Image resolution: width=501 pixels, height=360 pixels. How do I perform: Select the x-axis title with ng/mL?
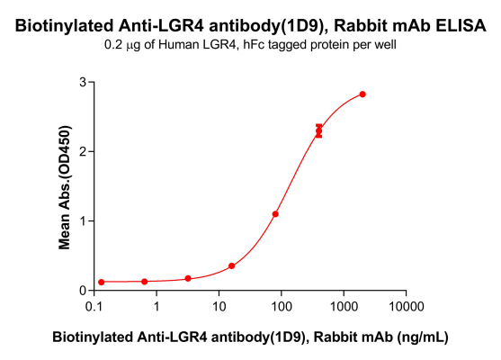[250, 337]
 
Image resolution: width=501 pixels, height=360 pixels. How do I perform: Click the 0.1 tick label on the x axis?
[94, 308]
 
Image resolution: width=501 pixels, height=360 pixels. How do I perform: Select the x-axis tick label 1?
[157, 308]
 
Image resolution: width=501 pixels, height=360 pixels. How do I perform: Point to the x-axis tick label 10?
[219, 308]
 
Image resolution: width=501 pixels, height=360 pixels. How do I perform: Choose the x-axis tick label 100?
[281, 308]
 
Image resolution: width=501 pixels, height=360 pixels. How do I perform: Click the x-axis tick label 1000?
[343, 308]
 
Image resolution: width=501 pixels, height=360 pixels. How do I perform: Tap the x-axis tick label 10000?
[405, 308]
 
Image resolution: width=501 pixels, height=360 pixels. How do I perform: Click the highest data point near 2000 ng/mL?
[362, 94]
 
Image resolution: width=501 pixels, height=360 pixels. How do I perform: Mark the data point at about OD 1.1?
[275, 214]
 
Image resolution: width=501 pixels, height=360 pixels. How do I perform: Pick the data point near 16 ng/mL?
[232, 266]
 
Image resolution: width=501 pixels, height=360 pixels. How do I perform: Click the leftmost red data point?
[102, 282]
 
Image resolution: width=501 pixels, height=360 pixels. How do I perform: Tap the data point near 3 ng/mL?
[188, 279]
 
